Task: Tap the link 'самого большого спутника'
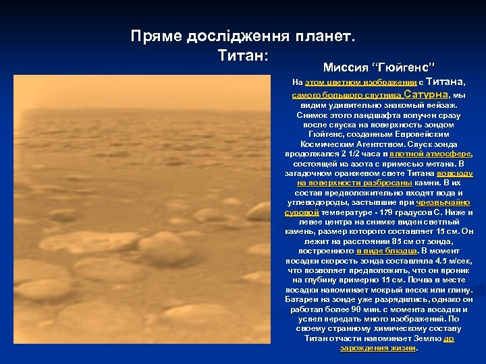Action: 346,95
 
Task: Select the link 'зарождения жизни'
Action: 379,348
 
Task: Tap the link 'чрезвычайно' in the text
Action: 443,202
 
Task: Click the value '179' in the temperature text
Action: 348,212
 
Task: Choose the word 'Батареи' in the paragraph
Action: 301,299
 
